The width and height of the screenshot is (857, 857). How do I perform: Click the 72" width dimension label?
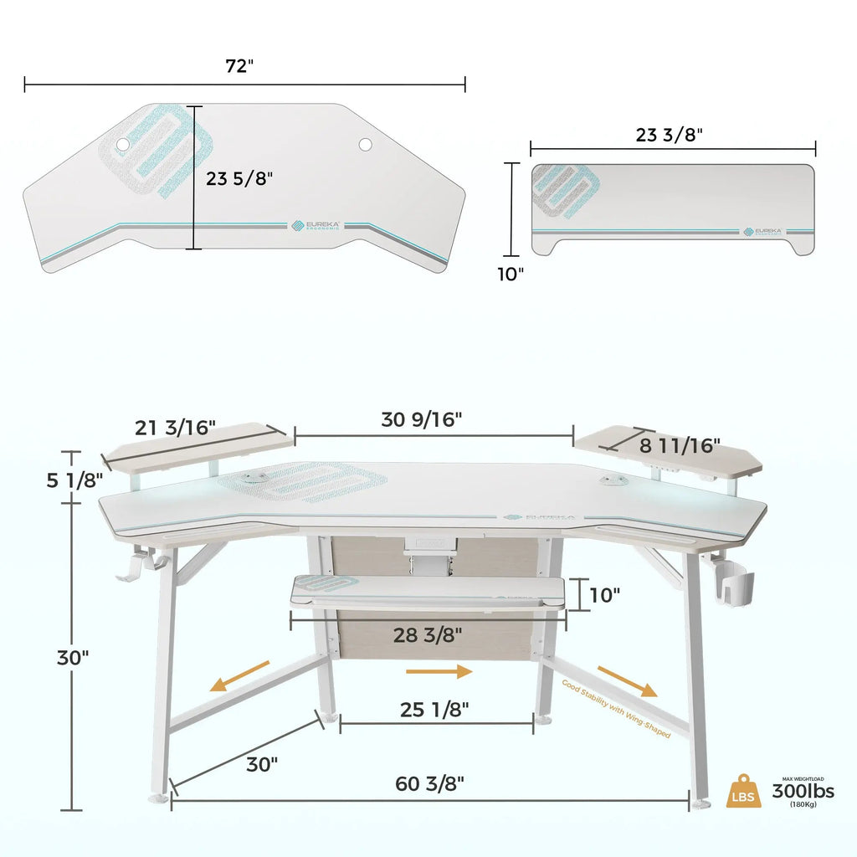tap(239, 67)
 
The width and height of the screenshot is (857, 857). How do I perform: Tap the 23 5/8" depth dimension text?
tap(239, 178)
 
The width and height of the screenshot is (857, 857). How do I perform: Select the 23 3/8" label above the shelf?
tap(669, 133)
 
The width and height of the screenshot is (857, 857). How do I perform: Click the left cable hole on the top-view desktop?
tap(124, 145)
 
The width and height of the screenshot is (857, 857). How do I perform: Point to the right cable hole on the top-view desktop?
tap(366, 145)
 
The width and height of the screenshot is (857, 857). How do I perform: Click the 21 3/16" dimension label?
tap(176, 428)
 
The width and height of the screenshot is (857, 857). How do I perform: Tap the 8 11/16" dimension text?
tap(680, 445)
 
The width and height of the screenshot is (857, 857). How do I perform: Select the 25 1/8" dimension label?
tap(434, 710)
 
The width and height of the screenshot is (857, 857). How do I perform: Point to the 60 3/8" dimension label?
tap(429, 783)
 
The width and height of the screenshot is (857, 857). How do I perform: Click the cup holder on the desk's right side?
tap(736, 586)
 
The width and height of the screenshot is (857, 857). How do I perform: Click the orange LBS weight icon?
tap(744, 790)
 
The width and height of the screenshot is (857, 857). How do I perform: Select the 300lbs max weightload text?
tap(803, 791)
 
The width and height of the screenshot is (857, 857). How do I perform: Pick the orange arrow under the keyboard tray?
tap(439, 671)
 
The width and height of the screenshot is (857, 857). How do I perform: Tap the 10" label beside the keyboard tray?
tap(603, 595)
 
